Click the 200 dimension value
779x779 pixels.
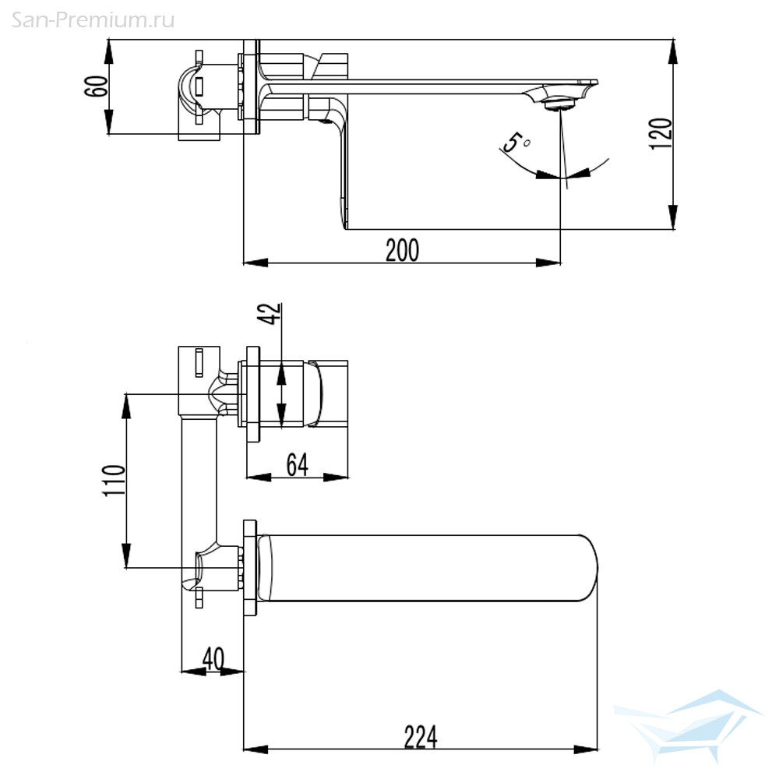(403, 250)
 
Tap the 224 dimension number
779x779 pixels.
(421, 737)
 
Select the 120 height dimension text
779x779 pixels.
(661, 133)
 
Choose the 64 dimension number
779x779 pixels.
(297, 465)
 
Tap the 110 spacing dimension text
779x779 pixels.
(114, 480)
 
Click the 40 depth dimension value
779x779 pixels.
(213, 659)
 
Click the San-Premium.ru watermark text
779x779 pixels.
(93, 20)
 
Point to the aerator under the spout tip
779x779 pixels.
(560, 105)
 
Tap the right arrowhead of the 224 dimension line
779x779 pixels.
(586, 749)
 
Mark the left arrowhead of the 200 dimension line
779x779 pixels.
(256, 263)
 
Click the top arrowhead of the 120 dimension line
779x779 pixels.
(673, 51)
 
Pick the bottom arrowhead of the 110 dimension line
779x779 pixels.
(127, 555)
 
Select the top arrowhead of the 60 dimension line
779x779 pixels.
(109, 51)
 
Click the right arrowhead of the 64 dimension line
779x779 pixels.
(336, 478)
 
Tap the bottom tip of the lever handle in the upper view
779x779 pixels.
(344, 228)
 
